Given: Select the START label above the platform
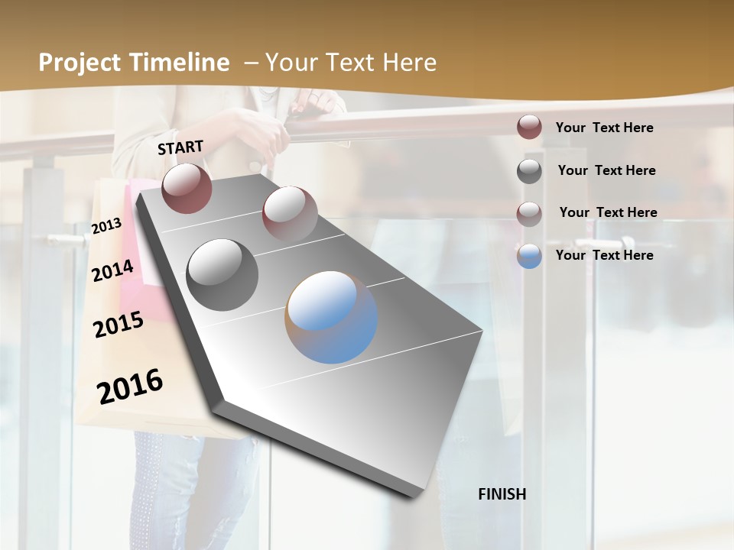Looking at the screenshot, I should (180, 147).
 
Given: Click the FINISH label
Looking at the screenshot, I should (502, 494).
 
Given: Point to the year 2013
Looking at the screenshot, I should (107, 225).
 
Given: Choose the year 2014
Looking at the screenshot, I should (113, 270).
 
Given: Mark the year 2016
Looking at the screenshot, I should (130, 387).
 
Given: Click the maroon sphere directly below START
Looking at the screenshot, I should (187, 188).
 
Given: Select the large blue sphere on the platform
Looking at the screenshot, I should (331, 317).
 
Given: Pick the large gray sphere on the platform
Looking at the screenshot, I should (222, 274).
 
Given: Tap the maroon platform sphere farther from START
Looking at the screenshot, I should (290, 213).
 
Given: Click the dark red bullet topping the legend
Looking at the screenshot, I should (529, 128).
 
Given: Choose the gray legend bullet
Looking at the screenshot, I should (529, 171).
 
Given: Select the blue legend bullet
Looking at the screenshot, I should (529, 256).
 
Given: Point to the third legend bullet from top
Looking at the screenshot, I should (529, 214).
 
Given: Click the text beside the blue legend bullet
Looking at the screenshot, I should (605, 255).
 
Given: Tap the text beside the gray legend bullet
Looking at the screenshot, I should (607, 170).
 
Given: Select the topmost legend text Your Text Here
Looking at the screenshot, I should (605, 128).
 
